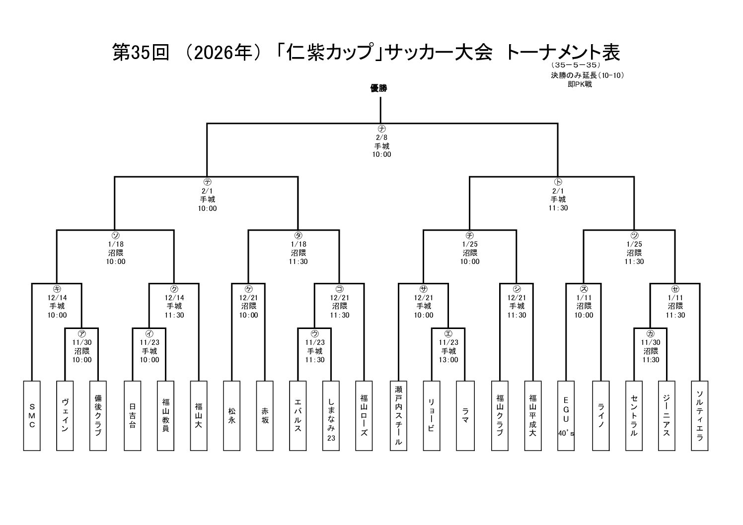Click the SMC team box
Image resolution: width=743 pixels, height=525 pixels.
(32, 416)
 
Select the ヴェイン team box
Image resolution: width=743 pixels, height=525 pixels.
(65, 416)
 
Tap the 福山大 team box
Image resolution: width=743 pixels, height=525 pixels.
(198, 416)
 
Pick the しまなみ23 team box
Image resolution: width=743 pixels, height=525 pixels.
(331, 416)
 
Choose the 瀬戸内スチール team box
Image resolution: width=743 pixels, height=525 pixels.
(398, 416)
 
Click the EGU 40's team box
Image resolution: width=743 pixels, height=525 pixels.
(566, 416)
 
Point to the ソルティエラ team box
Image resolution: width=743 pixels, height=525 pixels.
(699, 416)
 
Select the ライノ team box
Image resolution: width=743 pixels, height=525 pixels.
(600, 416)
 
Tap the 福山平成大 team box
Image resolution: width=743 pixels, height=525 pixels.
(532, 416)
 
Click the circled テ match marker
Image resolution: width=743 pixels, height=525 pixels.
(208, 182)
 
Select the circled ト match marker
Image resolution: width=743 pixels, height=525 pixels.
(558, 182)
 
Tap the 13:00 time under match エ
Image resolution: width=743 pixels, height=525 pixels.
(448, 360)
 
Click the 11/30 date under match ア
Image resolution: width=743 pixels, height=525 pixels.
(81, 342)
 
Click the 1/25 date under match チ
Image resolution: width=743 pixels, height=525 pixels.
(469, 244)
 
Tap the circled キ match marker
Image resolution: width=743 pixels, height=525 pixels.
(57, 289)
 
